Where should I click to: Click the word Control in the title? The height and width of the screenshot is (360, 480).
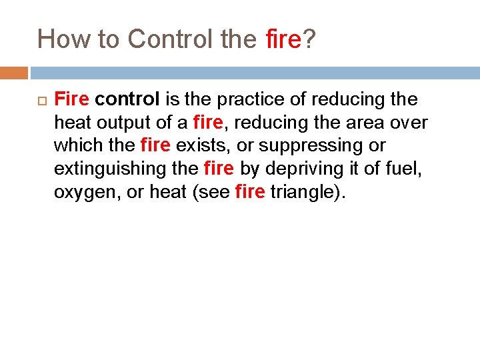(170, 39)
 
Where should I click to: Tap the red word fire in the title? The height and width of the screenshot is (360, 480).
(283, 39)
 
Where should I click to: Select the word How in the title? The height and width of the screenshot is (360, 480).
(59, 39)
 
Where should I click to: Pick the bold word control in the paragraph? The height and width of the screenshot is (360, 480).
(127, 100)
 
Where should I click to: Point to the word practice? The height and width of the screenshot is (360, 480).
(243, 100)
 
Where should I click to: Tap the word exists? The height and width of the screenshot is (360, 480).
(198, 145)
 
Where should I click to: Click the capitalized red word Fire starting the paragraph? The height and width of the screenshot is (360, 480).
(71, 100)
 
